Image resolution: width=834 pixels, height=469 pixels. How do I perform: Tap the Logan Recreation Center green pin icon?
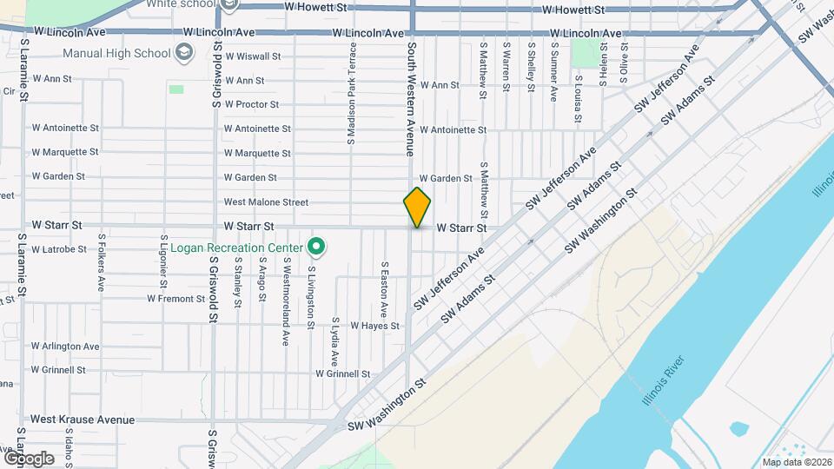317,248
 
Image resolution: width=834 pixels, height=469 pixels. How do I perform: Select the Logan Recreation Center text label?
236,248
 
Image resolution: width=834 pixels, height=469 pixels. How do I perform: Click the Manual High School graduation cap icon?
184,54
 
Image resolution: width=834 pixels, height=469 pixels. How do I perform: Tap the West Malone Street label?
266,202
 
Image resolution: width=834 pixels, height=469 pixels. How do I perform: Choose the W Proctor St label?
251,105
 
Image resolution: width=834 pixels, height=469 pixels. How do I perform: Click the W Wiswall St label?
252,56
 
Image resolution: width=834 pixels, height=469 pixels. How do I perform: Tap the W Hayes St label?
374,327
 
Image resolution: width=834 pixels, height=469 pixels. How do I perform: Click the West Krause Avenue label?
83,420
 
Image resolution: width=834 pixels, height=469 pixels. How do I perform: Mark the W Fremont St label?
175,299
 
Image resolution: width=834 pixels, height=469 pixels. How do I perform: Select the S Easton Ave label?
383,288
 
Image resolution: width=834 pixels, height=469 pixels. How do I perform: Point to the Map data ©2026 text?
797,462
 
